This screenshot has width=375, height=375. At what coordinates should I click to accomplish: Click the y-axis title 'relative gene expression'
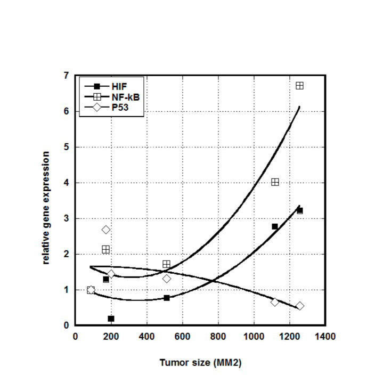click(46, 208)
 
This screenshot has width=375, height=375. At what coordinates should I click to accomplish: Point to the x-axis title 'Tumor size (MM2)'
click(200, 363)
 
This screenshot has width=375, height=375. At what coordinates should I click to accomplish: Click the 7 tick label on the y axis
click(66, 76)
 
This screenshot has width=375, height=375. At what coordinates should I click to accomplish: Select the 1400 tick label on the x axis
click(325, 337)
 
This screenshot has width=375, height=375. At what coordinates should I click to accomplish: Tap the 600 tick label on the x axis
click(182, 337)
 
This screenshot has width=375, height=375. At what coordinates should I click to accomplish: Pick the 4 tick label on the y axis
click(66, 183)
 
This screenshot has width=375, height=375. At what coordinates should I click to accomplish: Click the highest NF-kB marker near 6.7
click(299, 85)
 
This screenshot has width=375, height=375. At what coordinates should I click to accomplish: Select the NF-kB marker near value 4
click(275, 182)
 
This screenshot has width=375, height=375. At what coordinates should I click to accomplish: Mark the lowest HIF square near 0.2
click(111, 319)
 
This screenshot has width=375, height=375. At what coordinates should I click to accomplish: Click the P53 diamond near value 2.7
click(106, 230)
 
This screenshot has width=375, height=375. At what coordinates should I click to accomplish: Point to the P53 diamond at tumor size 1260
click(300, 306)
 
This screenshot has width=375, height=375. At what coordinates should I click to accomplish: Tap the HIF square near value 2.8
click(275, 226)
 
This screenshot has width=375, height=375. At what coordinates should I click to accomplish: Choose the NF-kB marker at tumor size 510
click(166, 264)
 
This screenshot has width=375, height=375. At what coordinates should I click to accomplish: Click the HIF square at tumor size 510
click(167, 298)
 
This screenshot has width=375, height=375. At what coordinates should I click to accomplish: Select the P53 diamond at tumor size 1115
click(275, 302)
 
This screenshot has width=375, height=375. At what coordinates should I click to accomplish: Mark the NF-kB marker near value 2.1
click(105, 249)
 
